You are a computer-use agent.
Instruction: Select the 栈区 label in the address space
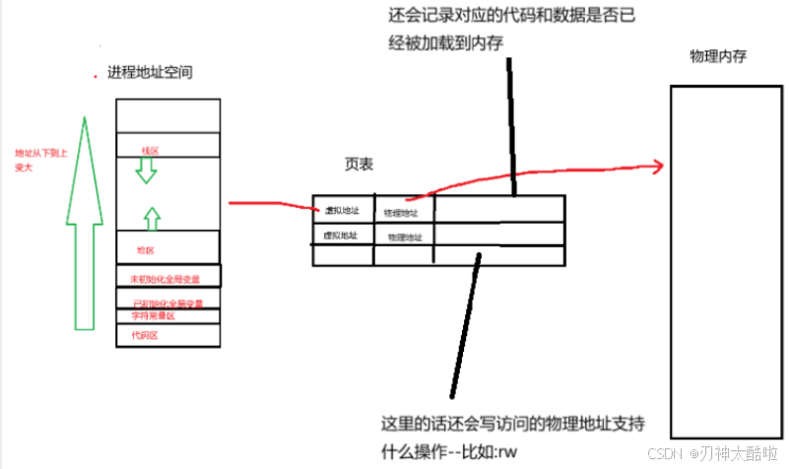(150, 150)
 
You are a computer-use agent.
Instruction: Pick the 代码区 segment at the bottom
(145, 335)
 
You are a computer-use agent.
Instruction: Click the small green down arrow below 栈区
(146, 171)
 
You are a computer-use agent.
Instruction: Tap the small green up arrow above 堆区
(150, 217)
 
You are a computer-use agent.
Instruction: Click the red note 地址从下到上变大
(36, 160)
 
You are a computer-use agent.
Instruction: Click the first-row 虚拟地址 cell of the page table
(342, 210)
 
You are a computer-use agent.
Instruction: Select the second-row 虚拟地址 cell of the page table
(341, 235)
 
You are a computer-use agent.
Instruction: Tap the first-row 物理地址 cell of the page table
(401, 212)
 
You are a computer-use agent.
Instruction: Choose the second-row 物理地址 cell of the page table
(405, 237)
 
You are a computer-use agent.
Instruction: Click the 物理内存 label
(718, 56)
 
